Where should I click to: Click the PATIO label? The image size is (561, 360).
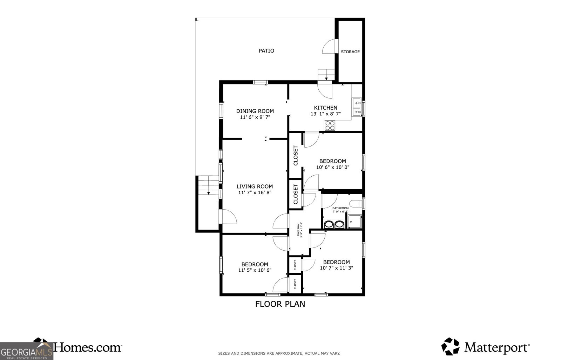click(266, 51)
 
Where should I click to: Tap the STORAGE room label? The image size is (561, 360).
click(350, 52)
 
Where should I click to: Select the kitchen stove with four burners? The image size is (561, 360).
click(330, 125)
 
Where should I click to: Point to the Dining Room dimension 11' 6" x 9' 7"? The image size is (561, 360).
click(255, 117)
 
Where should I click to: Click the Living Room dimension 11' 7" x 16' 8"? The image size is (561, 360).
click(255, 192)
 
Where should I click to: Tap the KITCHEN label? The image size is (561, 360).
click(325, 108)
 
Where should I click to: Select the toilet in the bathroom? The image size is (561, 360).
click(357, 203)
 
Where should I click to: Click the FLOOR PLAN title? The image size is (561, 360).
click(280, 304)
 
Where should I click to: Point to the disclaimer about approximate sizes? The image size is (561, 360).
click(279, 353)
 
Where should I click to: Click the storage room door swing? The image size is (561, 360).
click(330, 47)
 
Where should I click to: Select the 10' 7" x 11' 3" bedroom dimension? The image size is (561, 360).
click(336, 268)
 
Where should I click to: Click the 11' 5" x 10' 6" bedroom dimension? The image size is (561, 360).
click(255, 270)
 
